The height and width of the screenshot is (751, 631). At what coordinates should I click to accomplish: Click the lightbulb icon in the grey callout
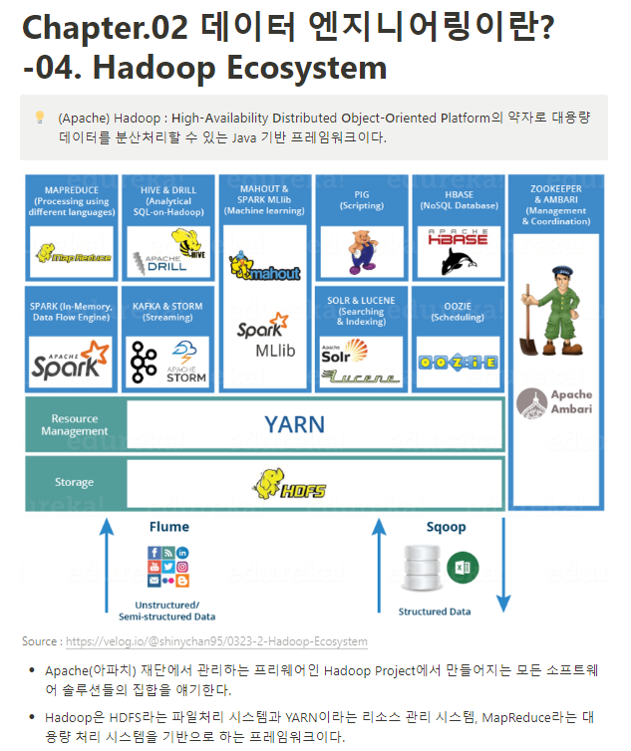[x=40, y=118]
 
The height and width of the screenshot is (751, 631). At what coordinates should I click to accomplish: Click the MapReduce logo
[x=73, y=255]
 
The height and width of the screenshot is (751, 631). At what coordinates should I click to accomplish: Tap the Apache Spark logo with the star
[x=69, y=361]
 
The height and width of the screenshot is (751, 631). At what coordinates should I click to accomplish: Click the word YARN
[x=294, y=424]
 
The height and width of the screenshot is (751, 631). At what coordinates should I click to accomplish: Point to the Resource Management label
[x=75, y=425]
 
